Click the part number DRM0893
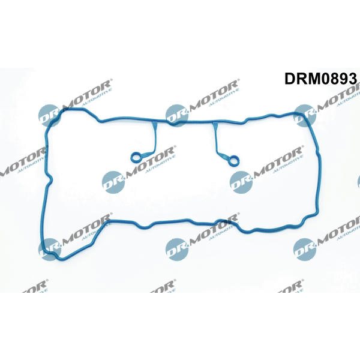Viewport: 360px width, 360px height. pos(321,79)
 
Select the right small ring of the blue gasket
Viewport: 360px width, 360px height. pos(234,160)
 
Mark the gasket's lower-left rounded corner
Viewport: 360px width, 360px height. pos(49,252)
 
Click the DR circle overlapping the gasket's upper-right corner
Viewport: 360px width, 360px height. pos(305,115)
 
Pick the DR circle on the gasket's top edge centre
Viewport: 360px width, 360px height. pos(176,115)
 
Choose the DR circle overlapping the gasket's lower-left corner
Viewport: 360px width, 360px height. pos(49,250)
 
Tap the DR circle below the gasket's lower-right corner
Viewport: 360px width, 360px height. pos(305,250)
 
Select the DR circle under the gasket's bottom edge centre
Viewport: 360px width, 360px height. pos(176,250)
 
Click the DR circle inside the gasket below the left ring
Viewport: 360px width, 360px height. pos(113,182)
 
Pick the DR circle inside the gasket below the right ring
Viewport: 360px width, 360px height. pos(241,182)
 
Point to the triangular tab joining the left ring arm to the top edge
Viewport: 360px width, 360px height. pos(154,125)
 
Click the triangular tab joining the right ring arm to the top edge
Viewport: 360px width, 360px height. pos(215,125)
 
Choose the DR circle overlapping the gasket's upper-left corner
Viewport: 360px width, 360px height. pos(49,115)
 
